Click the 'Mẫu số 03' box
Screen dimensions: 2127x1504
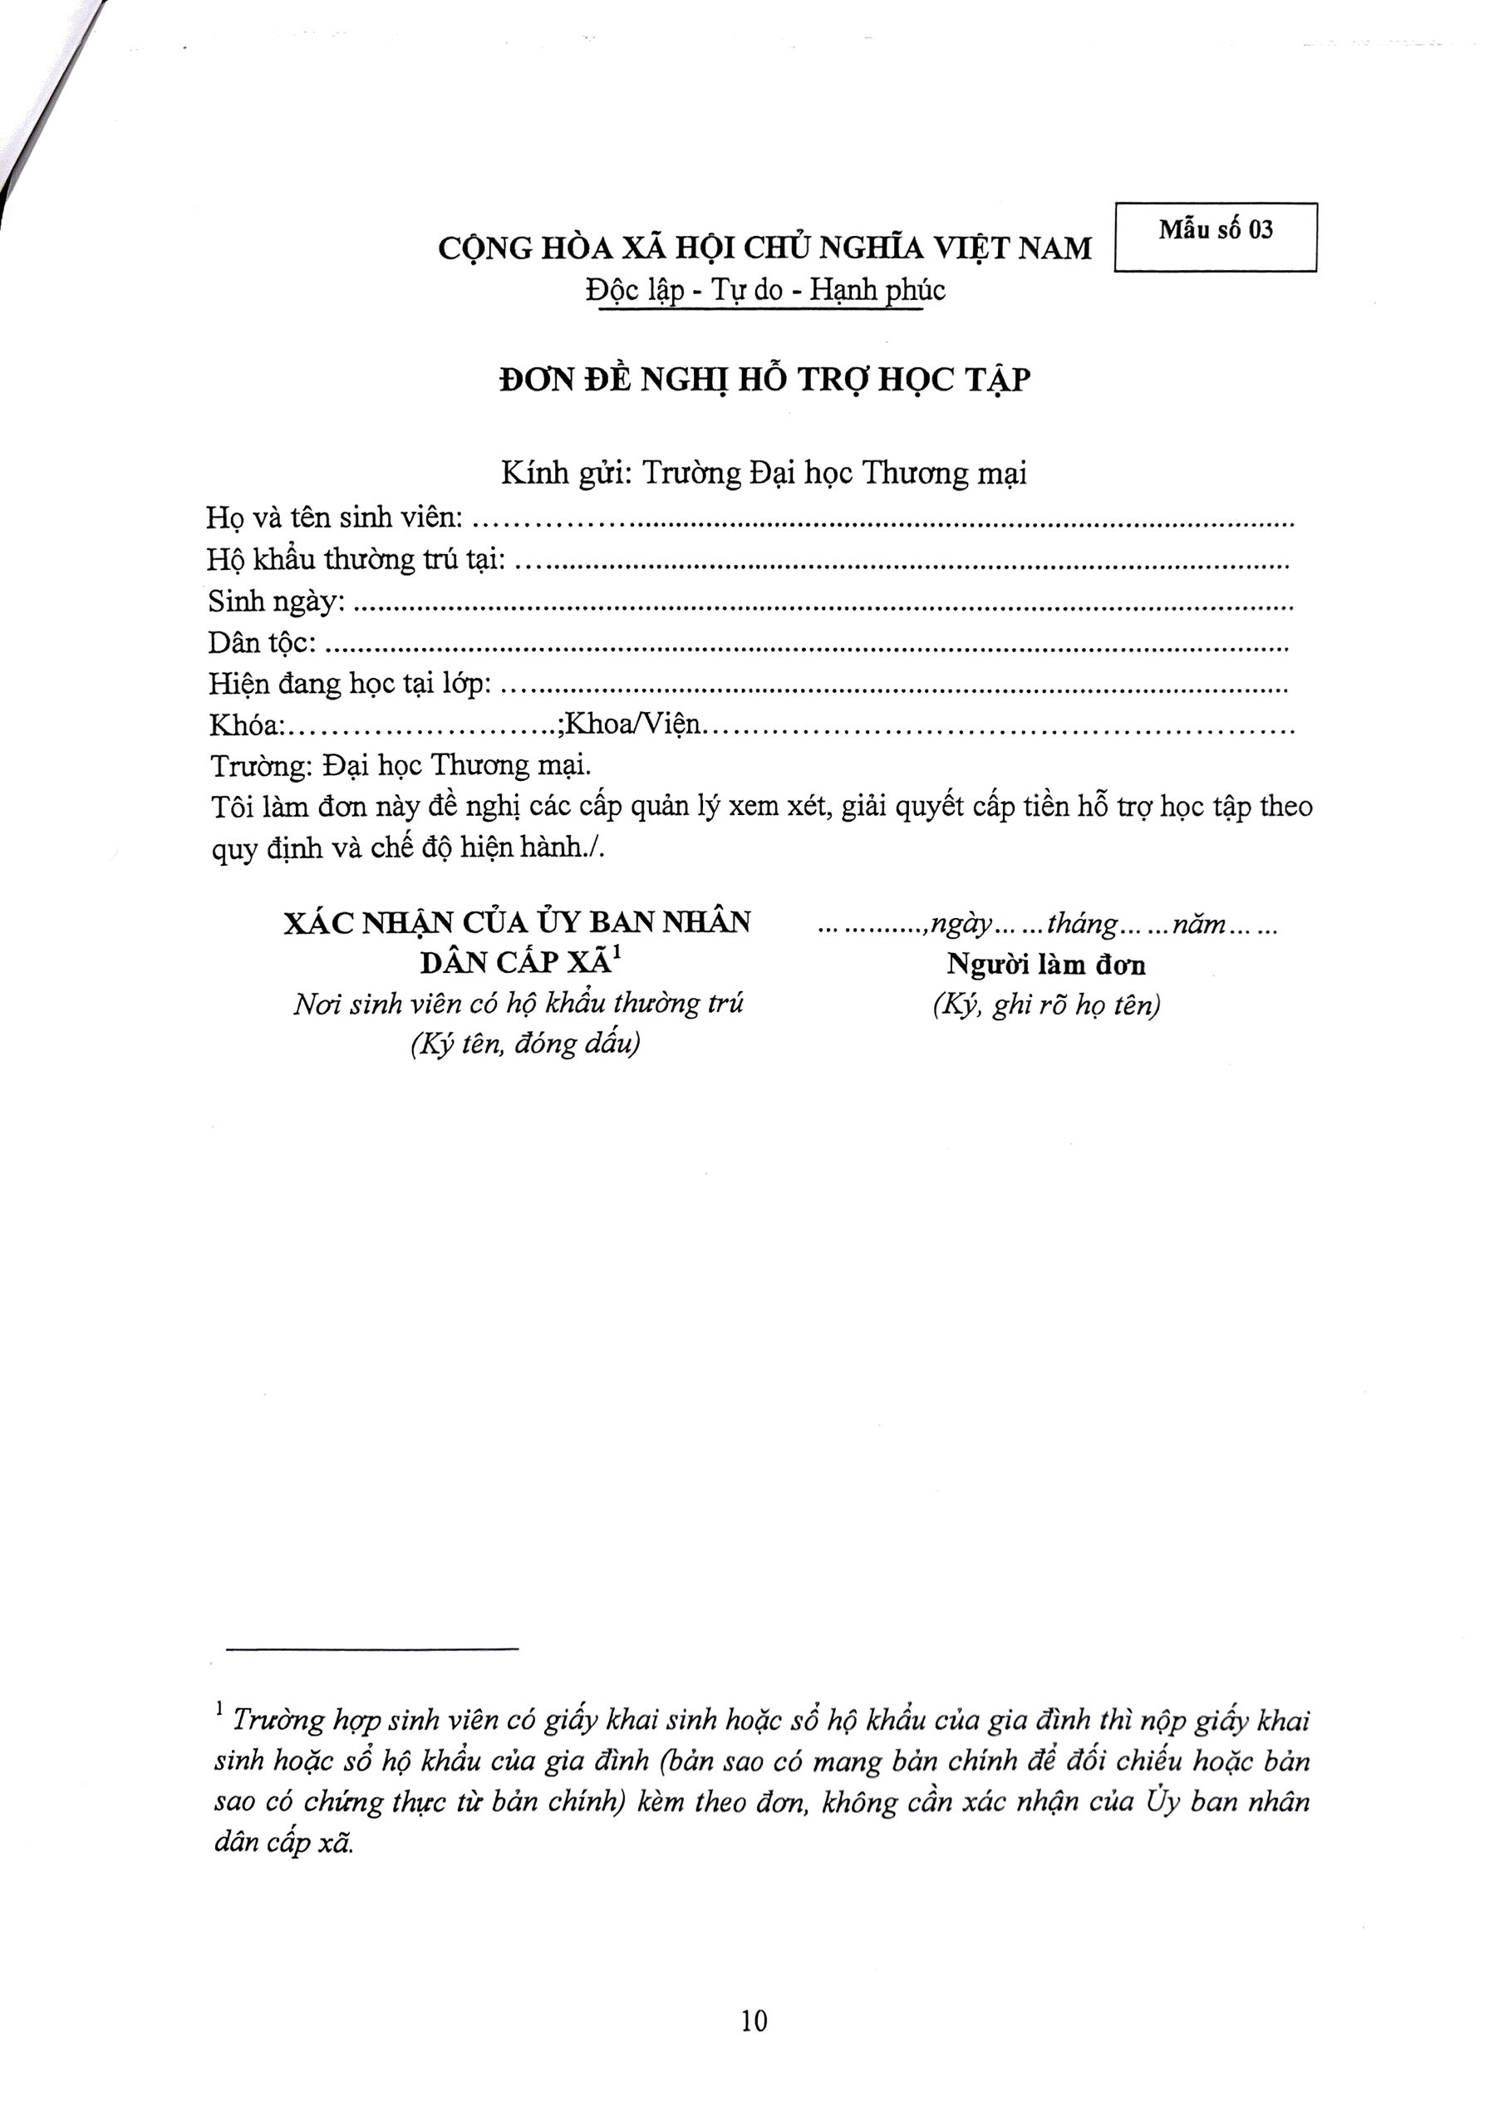1215,236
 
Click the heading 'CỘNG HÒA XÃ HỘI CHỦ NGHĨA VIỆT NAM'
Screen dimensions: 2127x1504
764,248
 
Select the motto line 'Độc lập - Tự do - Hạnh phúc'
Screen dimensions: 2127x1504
764,291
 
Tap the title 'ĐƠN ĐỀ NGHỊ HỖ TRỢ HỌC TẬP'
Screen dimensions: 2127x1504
764,380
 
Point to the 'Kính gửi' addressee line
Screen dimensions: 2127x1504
764,474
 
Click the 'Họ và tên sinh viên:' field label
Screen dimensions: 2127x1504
333,517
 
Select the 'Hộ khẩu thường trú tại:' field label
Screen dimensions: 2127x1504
356,558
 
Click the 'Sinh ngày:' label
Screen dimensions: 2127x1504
276,602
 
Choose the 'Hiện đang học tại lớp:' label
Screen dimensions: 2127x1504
351,684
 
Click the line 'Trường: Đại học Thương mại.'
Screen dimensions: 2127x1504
401,766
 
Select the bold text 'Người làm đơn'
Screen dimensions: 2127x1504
1046,965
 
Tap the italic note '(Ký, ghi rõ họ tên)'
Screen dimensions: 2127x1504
1046,1005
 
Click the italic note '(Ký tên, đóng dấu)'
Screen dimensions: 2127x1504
525,1044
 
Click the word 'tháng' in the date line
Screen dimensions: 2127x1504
1081,925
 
